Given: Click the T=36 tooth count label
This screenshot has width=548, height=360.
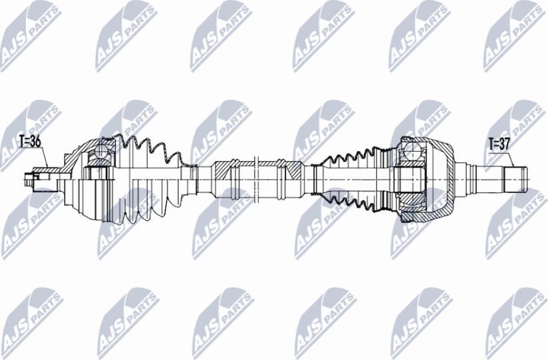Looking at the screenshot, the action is click(x=31, y=141).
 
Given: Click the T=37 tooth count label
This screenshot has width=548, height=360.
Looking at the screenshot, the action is click(x=499, y=144).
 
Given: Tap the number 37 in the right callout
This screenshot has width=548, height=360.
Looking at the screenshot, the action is click(x=505, y=144).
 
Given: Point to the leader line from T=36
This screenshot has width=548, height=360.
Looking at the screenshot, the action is click(x=44, y=157).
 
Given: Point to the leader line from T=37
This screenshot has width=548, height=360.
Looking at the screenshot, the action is click(x=511, y=160).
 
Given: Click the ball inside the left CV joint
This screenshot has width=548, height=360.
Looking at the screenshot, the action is click(x=101, y=151).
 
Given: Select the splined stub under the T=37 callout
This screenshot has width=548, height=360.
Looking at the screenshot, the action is click(x=515, y=179).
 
